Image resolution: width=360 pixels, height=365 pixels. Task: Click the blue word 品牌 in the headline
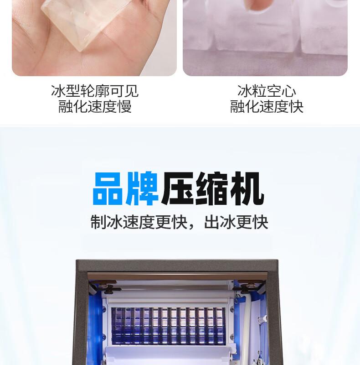coord(126,188)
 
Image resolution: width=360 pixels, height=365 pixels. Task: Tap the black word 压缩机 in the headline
coord(212,188)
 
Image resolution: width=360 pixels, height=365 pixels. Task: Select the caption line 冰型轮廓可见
coord(95,91)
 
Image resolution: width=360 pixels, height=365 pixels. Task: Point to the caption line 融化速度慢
coord(95,107)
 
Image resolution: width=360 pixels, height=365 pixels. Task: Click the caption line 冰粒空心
coord(267,91)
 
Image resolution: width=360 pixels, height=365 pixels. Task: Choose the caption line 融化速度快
coord(267,107)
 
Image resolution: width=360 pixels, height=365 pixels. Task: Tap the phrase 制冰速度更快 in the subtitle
coord(139,222)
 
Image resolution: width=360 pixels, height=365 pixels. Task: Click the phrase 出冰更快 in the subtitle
coord(236,222)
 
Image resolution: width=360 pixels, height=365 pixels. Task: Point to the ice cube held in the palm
coord(85,22)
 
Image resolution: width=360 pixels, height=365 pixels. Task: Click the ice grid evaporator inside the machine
coord(168,325)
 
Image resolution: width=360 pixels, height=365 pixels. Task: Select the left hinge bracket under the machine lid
coord(105,287)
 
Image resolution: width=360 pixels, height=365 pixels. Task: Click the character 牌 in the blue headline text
coord(142,188)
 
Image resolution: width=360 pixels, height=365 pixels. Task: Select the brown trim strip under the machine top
coord(177,276)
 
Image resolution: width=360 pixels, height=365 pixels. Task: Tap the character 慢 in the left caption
coord(125,107)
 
